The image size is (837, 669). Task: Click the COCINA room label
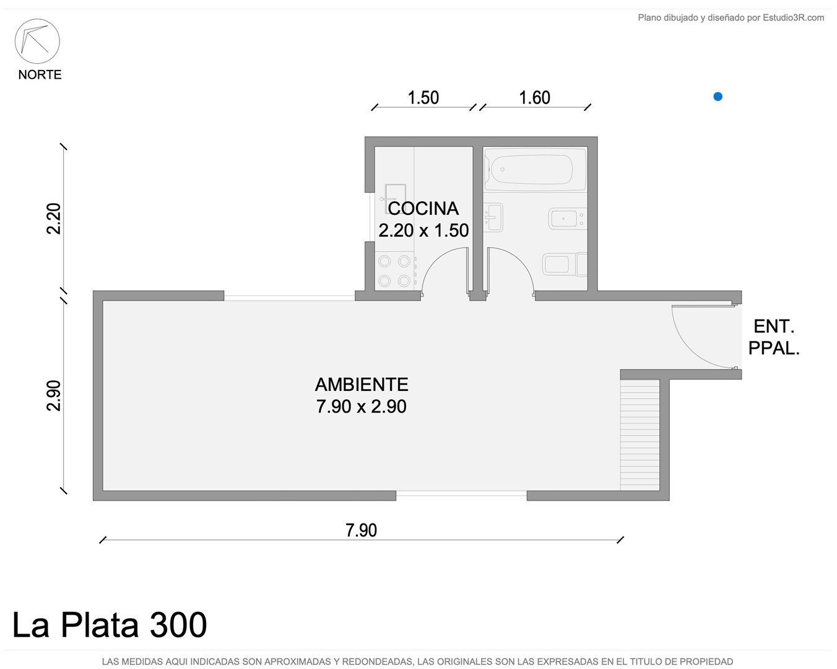[423, 209]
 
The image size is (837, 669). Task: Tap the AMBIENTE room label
[362, 385]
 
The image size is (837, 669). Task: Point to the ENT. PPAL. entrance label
[774, 338]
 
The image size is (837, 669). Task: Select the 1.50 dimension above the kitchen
[423, 98]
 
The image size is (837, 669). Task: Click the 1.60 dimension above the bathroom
[535, 98]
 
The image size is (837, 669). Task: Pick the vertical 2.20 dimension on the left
[54, 219]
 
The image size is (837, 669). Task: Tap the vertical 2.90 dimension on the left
[54, 396]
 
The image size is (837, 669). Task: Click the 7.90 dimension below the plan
[362, 530]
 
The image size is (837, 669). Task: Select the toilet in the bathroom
[565, 265]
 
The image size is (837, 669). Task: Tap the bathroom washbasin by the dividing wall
[493, 217]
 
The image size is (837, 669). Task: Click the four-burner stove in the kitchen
[394, 271]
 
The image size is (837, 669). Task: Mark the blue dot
[718, 97]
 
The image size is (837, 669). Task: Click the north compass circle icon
[37, 42]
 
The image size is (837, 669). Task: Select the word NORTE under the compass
[40, 75]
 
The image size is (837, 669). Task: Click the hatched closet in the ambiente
[640, 435]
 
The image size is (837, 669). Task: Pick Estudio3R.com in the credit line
[793, 17]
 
